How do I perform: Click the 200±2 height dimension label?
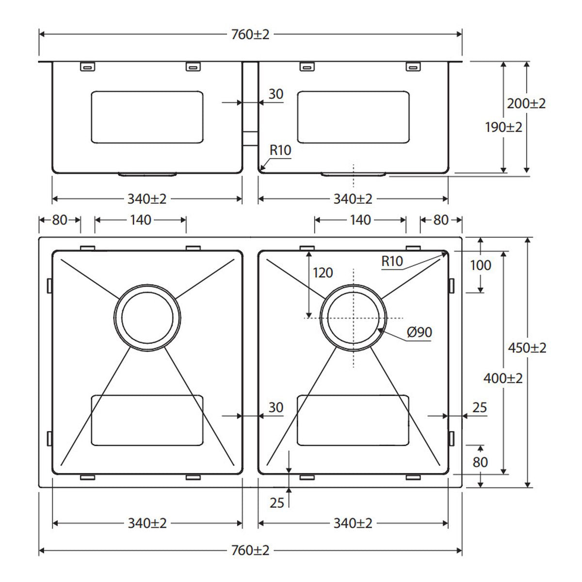[x=526, y=104]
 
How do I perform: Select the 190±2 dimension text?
[x=503, y=128]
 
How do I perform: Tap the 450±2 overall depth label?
[x=527, y=348]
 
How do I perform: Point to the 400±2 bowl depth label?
[x=503, y=378]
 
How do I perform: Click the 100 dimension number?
[x=481, y=265]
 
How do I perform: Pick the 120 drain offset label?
[x=323, y=273]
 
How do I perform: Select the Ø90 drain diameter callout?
[x=420, y=332]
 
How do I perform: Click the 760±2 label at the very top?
[x=250, y=35]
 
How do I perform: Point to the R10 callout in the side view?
[x=280, y=150]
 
